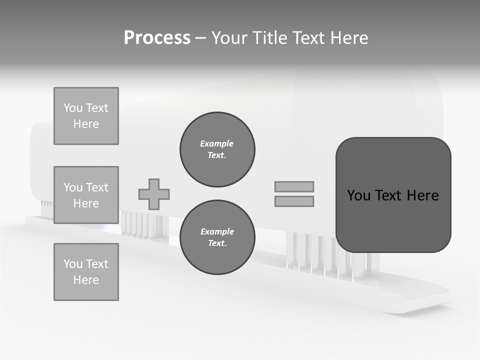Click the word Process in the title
pyautogui.click(x=157, y=38)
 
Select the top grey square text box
pyautogui.click(x=86, y=116)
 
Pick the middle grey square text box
pyautogui.click(x=86, y=195)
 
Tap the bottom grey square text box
pyautogui.click(x=86, y=272)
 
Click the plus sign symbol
pyautogui.click(x=154, y=194)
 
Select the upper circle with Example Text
pyautogui.click(x=217, y=149)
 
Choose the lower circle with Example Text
pyautogui.click(x=217, y=237)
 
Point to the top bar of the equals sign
pyautogui.click(x=294, y=186)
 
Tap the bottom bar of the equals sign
pyautogui.click(x=294, y=201)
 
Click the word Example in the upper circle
pyautogui.click(x=216, y=143)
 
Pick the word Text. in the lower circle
pyautogui.click(x=217, y=243)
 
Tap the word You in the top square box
pyautogui.click(x=72, y=108)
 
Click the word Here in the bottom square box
pyautogui.click(x=86, y=280)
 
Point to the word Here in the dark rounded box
pyautogui.click(x=422, y=195)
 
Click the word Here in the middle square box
pyautogui.click(x=86, y=203)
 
